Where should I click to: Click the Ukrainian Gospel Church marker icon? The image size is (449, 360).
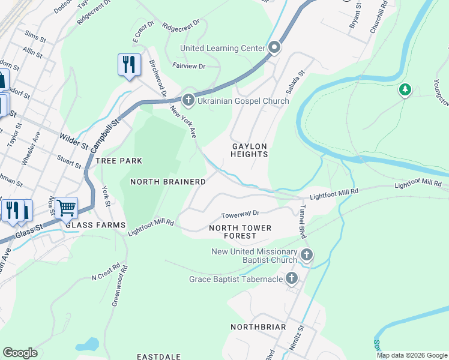click(188, 100)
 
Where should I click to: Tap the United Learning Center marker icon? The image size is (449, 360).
click(275, 47)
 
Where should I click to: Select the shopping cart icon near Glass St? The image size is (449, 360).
click(66, 208)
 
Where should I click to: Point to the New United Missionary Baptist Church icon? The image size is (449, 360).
click(307, 255)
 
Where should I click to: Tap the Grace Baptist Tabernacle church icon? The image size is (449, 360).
click(292, 278)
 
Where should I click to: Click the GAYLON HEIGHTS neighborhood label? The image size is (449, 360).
click(249, 150)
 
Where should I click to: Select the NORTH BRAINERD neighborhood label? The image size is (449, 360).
click(168, 181)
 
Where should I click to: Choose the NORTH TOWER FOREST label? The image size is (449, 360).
click(240, 232)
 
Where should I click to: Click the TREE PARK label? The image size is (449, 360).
click(119, 161)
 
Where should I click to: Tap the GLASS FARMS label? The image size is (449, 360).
click(95, 225)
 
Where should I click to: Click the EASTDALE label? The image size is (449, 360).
click(159, 356)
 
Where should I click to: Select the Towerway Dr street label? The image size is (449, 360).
click(240, 214)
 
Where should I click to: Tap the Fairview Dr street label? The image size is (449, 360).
click(188, 65)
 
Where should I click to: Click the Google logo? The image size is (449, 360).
click(20, 353)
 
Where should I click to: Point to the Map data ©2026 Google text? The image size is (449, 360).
click(411, 355)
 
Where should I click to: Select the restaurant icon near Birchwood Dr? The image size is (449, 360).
click(128, 64)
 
